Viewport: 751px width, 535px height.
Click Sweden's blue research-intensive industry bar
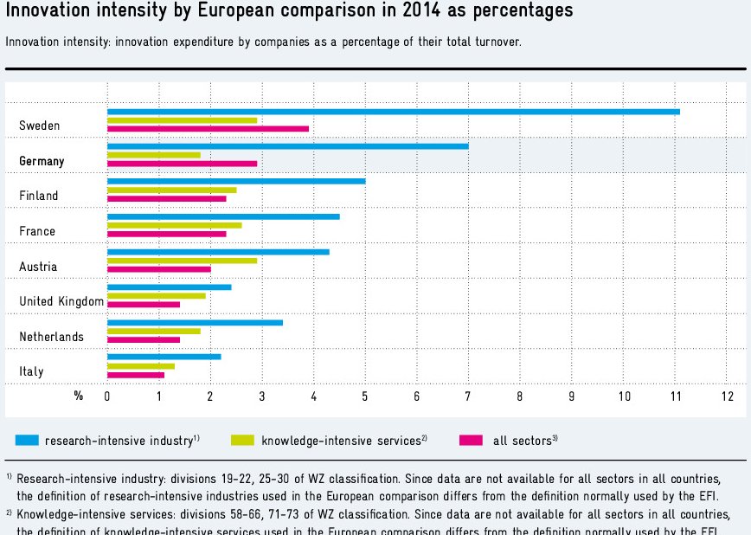(x=393, y=112)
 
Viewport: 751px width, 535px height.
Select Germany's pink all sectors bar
(x=182, y=164)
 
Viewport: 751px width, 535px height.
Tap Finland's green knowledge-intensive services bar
(x=171, y=190)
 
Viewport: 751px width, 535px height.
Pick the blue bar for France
(x=223, y=216)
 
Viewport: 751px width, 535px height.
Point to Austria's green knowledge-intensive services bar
(x=182, y=260)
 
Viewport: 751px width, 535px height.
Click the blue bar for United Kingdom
(x=169, y=287)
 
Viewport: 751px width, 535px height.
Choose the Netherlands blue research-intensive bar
(x=195, y=322)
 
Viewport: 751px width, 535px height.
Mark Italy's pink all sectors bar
(x=135, y=375)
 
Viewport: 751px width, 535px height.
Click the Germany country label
(x=42, y=161)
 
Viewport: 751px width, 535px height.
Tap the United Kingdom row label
(x=61, y=301)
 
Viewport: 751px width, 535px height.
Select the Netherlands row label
(x=51, y=337)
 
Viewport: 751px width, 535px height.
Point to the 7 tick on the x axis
(x=468, y=396)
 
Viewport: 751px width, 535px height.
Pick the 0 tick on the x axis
(x=107, y=396)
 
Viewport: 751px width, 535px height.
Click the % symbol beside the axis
(x=79, y=396)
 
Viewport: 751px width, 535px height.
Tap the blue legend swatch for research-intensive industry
(x=26, y=440)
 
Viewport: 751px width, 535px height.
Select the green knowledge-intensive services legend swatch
(x=242, y=440)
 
